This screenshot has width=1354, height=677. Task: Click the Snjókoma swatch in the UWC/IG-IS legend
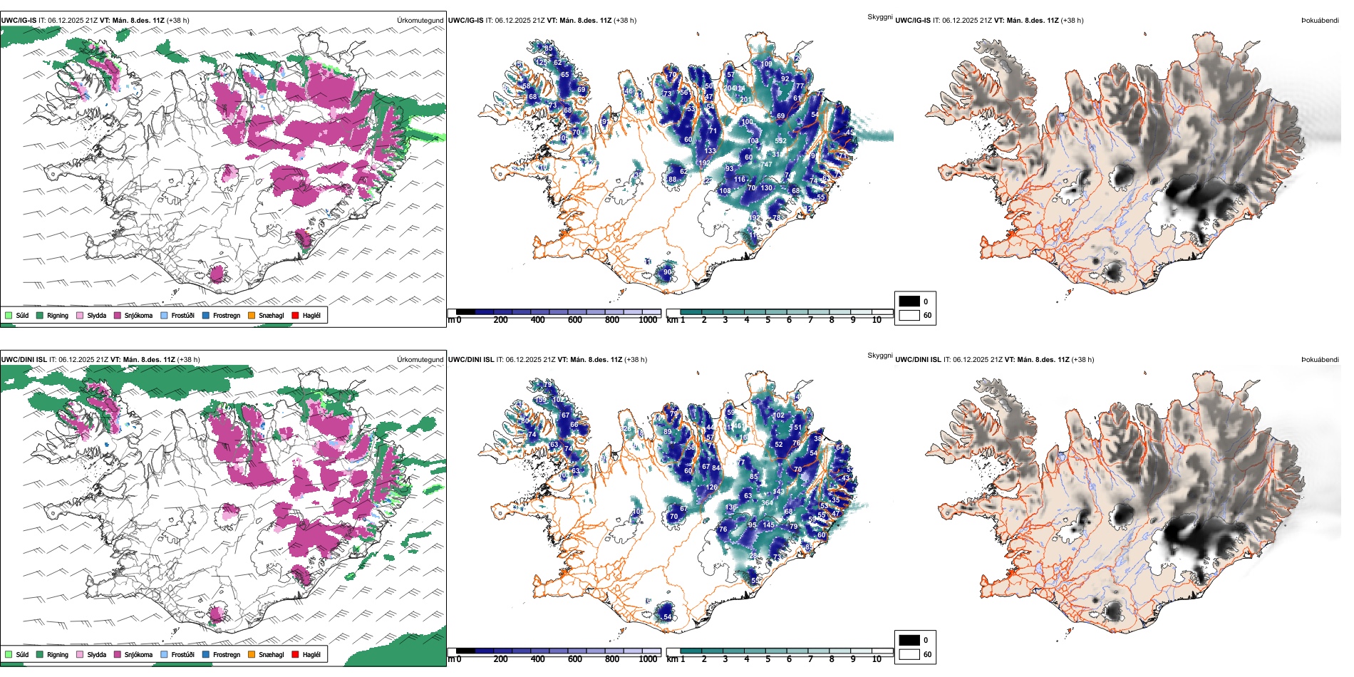pyautogui.click(x=117, y=315)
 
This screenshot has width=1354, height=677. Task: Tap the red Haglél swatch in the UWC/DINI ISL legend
pyautogui.click(x=295, y=654)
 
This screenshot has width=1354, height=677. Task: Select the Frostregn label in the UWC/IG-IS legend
pyautogui.click(x=226, y=315)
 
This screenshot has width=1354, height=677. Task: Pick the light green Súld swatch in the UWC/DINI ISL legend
pyautogui.click(x=9, y=654)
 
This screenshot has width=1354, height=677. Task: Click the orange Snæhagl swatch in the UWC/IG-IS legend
pyautogui.click(x=252, y=315)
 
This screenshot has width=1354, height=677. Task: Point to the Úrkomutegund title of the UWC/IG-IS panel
pyautogui.click(x=420, y=21)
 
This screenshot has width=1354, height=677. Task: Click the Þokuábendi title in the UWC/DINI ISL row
pyautogui.click(x=1320, y=360)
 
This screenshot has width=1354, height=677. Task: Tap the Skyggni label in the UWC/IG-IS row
pyautogui.click(x=879, y=17)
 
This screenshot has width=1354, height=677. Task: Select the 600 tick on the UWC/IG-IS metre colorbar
pyautogui.click(x=575, y=320)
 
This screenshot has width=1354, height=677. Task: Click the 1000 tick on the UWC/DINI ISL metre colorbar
pyautogui.click(x=648, y=659)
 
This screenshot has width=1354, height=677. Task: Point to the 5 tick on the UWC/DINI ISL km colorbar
pyautogui.click(x=768, y=659)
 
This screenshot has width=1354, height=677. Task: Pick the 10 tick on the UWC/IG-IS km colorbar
pyautogui.click(x=877, y=320)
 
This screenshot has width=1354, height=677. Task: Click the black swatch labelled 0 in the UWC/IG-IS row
pyautogui.click(x=909, y=301)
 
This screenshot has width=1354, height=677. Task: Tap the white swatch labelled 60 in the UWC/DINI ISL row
pyautogui.click(x=909, y=654)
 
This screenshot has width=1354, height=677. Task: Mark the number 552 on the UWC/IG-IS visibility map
pyautogui.click(x=781, y=141)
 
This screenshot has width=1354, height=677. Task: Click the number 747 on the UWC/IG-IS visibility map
pyautogui.click(x=767, y=165)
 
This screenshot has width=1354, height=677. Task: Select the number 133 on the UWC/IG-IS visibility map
pyautogui.click(x=710, y=151)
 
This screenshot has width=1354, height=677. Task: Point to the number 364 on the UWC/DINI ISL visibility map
pyautogui.click(x=767, y=503)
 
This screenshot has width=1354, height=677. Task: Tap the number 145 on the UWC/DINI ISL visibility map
pyautogui.click(x=768, y=525)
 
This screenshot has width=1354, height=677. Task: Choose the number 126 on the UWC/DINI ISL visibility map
pyautogui.click(x=712, y=488)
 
